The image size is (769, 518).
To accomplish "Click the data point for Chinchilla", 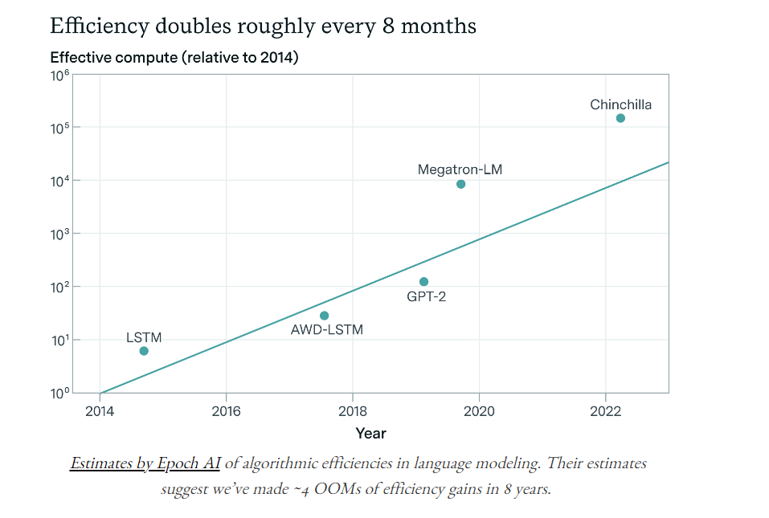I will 620,118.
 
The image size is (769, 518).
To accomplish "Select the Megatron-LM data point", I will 460,184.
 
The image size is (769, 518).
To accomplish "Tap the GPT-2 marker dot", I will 423,282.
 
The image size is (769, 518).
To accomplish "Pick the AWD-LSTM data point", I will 324,316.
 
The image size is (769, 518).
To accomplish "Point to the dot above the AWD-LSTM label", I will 324,316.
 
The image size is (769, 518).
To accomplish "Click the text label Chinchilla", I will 620,104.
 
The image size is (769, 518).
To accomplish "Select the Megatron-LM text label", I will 460,169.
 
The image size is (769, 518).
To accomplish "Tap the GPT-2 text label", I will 427,296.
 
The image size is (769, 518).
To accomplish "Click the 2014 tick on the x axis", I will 100,410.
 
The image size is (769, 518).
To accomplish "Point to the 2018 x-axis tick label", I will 352,410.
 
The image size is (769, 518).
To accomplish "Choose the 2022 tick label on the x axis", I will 605,410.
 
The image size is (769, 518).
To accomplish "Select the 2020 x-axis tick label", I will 479,410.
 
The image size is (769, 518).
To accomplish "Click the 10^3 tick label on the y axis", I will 59,234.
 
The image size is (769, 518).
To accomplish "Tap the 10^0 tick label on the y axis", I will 59,393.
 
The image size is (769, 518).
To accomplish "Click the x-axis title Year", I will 370,434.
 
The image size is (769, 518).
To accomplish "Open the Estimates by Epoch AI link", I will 145,463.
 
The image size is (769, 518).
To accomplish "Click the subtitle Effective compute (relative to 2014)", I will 174,58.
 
